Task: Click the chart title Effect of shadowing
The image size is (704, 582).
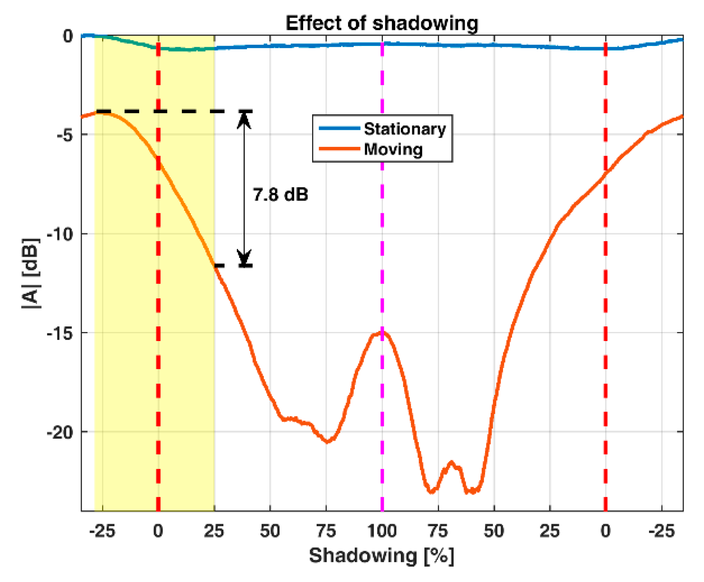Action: [x=381, y=23]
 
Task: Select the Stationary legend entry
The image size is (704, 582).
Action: [x=404, y=129]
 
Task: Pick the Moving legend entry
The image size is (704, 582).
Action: [x=393, y=149]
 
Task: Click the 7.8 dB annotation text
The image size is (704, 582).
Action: [x=280, y=195]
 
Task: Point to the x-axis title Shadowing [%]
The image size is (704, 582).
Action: [x=381, y=556]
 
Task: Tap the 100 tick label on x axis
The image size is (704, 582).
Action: [x=381, y=531]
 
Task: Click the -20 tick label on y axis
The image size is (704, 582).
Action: [x=60, y=432]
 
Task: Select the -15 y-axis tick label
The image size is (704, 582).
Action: [x=60, y=333]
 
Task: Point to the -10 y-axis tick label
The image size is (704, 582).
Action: [x=60, y=234]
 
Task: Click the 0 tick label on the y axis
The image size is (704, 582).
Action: [x=68, y=36]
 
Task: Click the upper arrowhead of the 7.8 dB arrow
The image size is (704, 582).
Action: [x=244, y=119]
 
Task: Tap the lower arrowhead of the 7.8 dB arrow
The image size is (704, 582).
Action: [x=244, y=258]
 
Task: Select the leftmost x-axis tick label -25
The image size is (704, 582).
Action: [x=102, y=531]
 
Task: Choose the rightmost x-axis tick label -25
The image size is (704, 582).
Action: [x=662, y=531]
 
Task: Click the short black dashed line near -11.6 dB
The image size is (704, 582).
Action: [x=233, y=266]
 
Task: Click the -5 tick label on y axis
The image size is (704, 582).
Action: [x=64, y=135]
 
